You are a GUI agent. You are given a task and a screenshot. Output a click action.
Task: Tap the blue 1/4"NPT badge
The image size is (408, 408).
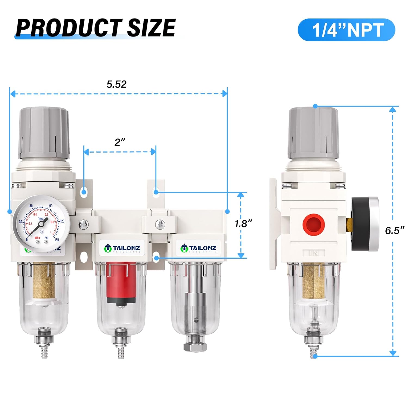point(346,30)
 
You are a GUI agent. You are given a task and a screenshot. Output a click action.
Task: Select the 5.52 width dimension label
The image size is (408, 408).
point(116,84)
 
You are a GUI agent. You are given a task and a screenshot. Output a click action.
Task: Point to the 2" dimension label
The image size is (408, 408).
point(120,142)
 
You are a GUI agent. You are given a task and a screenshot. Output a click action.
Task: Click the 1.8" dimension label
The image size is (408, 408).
point(243,224)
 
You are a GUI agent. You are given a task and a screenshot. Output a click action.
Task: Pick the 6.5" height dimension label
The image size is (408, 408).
point(394,230)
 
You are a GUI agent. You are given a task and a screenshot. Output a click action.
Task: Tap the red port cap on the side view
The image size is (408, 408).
point(314,225)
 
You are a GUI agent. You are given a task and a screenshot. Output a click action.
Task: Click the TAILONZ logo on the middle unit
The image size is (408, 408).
point(122,248)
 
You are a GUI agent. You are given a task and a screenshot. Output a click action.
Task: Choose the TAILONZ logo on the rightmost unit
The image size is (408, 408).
point(198,248)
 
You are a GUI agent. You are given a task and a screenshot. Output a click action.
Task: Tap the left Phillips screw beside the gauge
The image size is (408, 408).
point(83,225)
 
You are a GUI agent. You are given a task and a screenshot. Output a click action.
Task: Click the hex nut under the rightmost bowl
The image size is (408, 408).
point(195,347)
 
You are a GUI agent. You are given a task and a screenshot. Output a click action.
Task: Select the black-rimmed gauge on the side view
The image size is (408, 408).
point(364,224)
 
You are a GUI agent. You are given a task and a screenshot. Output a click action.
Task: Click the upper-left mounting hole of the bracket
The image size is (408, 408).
point(84,192)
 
